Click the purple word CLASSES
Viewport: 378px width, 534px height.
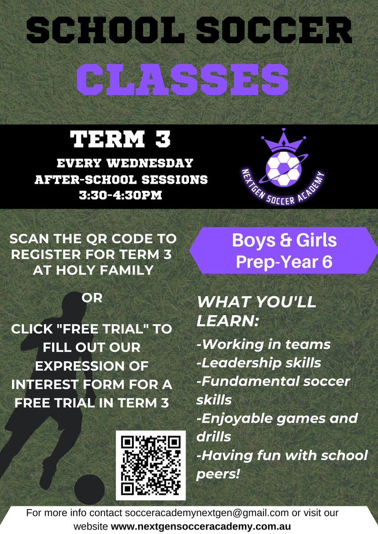pos(182,79)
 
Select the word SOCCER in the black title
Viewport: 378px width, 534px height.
pos(274,31)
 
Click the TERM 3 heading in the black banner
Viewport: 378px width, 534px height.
pos(120,139)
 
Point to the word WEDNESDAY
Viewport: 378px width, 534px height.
pos(150,163)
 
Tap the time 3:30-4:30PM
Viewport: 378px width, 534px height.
pos(120,195)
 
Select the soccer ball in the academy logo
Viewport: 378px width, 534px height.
pos(283,169)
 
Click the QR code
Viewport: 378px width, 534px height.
pos(151,465)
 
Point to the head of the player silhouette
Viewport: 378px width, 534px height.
pos(74,304)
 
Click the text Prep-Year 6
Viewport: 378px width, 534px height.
pos(284,262)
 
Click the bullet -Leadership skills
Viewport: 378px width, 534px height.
pos(259,363)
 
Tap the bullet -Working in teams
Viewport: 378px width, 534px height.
pos(263,344)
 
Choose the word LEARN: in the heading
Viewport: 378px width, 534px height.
pos(228,321)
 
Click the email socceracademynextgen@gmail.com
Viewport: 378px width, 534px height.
pos(206,513)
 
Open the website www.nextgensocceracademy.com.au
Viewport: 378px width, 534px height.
pos(201,526)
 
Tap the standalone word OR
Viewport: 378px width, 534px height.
pos(92,298)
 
